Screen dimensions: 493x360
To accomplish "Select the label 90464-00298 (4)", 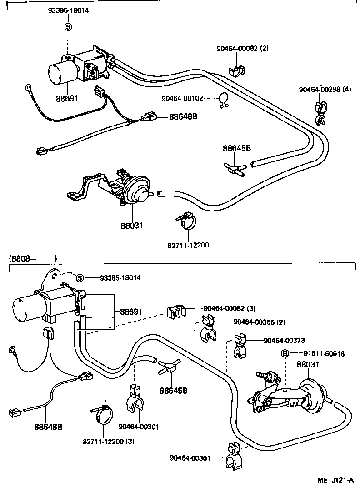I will click(325, 89).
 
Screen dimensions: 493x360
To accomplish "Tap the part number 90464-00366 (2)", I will click(259, 322).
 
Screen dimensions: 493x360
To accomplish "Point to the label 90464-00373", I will click(284, 340).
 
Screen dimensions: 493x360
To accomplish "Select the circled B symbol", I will click(285, 354).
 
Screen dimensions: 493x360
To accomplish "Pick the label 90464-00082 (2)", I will click(242, 49).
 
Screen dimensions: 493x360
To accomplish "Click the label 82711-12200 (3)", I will click(108, 441).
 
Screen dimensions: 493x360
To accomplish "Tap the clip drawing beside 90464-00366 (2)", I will click(207, 330).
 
